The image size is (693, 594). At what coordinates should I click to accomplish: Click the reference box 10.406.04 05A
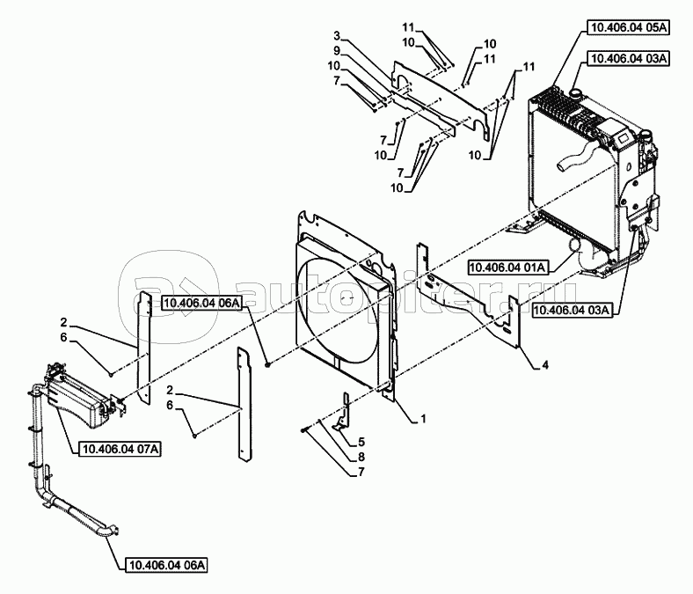(x=628, y=27)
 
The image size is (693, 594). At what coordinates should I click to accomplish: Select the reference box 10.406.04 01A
(x=507, y=268)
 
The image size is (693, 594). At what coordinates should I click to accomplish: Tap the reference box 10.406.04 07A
(x=120, y=449)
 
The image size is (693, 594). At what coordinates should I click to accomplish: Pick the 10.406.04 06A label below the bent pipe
(x=167, y=565)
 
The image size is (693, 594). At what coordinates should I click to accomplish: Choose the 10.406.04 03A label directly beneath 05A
(x=628, y=58)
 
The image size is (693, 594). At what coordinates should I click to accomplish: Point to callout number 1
(x=423, y=418)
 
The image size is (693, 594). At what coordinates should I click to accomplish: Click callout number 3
(x=337, y=36)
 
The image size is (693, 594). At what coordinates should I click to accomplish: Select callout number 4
(x=545, y=365)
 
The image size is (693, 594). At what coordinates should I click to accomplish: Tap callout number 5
(x=361, y=442)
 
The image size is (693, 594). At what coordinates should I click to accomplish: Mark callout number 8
(x=361, y=457)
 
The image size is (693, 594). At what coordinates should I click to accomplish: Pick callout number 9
(x=337, y=50)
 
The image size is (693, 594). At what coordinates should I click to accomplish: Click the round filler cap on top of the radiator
(x=576, y=93)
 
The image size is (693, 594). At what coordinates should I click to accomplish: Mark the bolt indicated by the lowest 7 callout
(x=303, y=429)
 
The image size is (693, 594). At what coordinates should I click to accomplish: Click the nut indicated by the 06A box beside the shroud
(x=268, y=364)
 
